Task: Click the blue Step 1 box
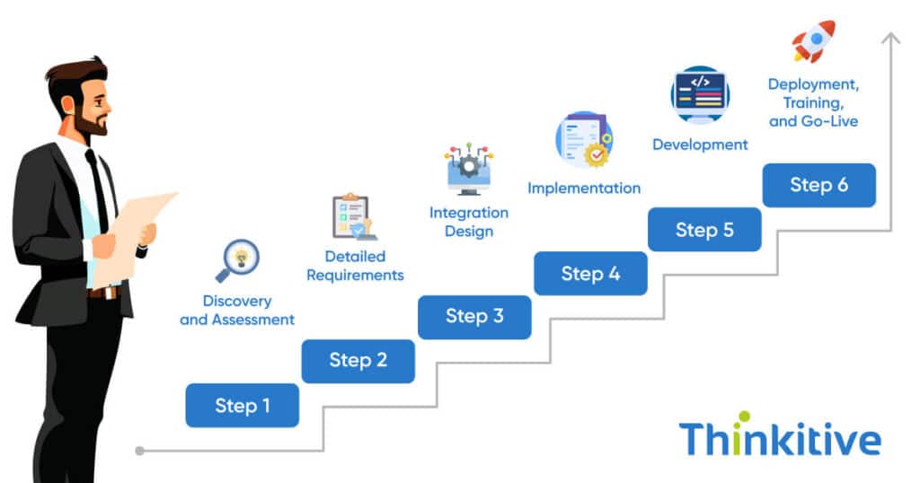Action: tap(242, 405)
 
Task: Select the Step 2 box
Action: tap(358, 360)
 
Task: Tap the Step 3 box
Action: tap(474, 316)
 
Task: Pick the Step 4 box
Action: tap(590, 273)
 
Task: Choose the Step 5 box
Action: tap(704, 229)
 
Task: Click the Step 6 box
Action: tap(818, 185)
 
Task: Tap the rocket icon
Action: tap(813, 41)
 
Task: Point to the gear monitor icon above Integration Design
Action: tap(468, 168)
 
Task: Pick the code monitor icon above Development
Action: tap(700, 93)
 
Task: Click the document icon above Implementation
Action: tap(583, 139)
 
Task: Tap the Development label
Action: tap(700, 145)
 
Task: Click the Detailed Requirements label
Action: tap(355, 267)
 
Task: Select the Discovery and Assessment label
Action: tap(237, 310)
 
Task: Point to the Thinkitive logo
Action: tap(779, 440)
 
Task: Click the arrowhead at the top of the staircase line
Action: tap(890, 38)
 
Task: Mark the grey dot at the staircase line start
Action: tap(139, 450)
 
